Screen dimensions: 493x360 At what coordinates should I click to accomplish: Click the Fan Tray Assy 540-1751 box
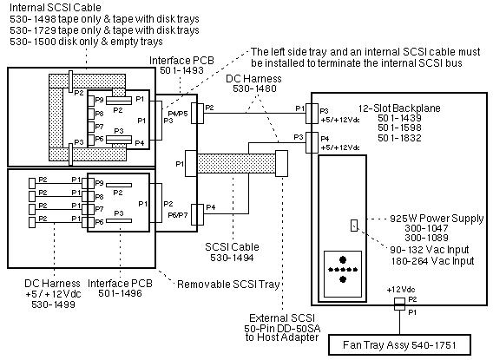(x=399, y=345)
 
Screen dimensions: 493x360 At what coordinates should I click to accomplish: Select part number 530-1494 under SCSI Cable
(x=232, y=258)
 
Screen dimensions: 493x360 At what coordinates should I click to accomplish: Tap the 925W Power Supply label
(x=437, y=219)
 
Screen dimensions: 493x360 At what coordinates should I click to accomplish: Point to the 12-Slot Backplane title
(x=399, y=108)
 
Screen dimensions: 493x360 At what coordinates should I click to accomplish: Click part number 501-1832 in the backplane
(x=399, y=138)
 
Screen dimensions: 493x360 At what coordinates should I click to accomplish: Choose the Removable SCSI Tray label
(x=228, y=285)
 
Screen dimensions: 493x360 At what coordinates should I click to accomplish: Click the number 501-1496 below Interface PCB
(x=120, y=293)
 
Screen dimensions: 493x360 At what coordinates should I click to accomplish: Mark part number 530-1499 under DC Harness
(x=53, y=304)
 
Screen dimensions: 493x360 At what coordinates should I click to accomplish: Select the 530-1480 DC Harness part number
(x=254, y=88)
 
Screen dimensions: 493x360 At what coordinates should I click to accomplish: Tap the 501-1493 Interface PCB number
(x=181, y=70)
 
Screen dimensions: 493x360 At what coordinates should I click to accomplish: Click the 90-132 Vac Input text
(x=429, y=250)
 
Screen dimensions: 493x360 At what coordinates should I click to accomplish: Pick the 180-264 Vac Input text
(x=432, y=261)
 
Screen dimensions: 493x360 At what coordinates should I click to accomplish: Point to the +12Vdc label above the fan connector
(x=401, y=290)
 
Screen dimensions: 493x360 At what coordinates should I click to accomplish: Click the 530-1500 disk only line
(x=86, y=42)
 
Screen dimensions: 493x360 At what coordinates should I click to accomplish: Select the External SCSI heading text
(x=282, y=318)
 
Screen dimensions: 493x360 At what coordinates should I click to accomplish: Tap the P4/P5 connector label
(x=178, y=114)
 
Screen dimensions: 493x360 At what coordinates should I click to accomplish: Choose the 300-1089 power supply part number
(x=426, y=238)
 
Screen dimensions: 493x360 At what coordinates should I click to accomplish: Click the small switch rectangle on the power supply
(x=354, y=226)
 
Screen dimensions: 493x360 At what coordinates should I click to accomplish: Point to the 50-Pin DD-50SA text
(x=282, y=329)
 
